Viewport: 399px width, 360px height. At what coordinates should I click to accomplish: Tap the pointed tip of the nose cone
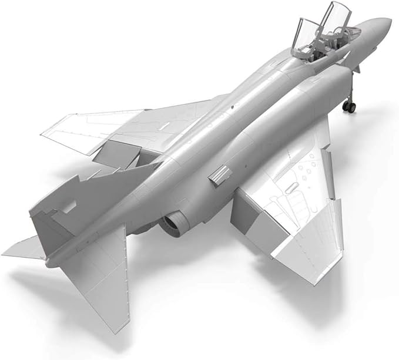tap(390, 22)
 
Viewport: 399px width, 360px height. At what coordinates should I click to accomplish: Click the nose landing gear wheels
tap(350, 106)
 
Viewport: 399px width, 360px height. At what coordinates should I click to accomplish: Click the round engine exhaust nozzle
tap(174, 223)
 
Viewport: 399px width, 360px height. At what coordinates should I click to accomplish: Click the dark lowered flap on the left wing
tap(115, 156)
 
